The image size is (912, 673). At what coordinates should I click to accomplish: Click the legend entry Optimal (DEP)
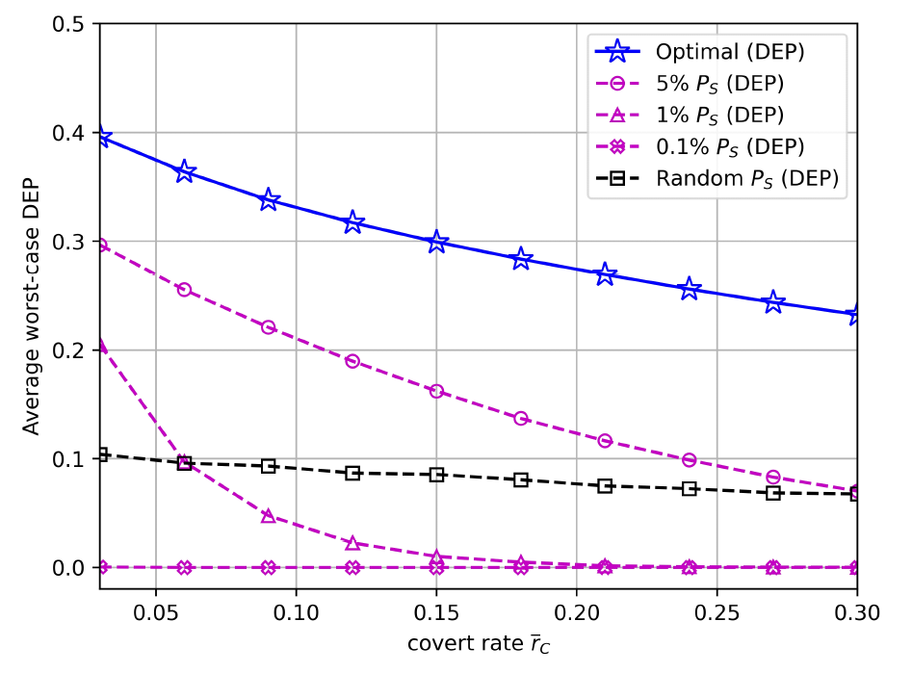pyautogui.click(x=717, y=51)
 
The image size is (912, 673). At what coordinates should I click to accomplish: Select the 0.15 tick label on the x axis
pyautogui.click(x=436, y=611)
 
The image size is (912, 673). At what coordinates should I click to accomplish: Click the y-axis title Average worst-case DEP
pyautogui.click(x=33, y=305)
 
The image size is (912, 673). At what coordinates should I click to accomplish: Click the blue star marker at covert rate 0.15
pyautogui.click(x=436, y=242)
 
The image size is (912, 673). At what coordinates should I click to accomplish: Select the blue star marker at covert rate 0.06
pyautogui.click(x=185, y=172)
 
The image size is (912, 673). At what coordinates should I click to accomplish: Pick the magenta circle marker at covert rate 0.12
pyautogui.click(x=352, y=361)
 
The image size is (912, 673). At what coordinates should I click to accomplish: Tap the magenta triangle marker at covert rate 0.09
pyautogui.click(x=269, y=516)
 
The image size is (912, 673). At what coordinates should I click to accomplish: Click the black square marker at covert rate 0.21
pyautogui.click(x=605, y=486)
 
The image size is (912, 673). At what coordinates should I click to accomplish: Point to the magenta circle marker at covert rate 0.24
pyautogui.click(x=689, y=460)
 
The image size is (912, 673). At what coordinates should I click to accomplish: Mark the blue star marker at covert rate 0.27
pyautogui.click(x=773, y=302)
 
